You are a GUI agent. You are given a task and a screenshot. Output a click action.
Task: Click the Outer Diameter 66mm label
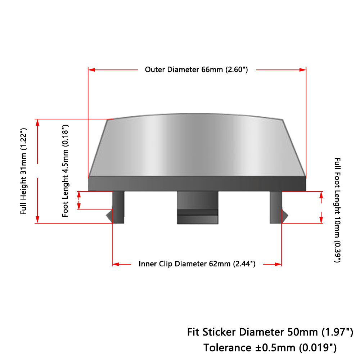point(196,69)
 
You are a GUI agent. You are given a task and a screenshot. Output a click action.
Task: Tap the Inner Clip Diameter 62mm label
point(197,264)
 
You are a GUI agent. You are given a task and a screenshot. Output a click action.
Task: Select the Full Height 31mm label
point(23,171)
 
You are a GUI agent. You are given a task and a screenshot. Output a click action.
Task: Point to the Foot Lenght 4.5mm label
point(65,171)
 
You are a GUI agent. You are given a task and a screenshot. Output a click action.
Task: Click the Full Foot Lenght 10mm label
point(337,210)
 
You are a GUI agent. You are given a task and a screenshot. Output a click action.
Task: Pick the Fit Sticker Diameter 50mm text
point(270,332)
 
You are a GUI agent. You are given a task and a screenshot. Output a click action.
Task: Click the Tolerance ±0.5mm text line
point(270,348)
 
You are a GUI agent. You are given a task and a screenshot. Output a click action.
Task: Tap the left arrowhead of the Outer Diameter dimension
point(91,69)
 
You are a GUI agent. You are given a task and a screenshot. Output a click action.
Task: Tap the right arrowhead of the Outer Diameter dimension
point(303,69)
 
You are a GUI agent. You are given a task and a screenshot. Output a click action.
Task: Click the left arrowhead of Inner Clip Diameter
point(116,264)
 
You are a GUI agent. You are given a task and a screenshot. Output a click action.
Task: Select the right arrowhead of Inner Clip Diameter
point(278,264)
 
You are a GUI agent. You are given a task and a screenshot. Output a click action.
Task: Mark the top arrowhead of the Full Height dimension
point(37,123)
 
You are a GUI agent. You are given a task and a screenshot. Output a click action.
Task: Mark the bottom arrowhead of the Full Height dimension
point(37,220)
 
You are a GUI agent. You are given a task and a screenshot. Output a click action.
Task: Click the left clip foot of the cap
point(118,207)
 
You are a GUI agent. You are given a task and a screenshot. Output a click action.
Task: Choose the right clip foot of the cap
point(276,207)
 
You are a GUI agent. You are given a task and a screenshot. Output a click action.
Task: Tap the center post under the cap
point(197,208)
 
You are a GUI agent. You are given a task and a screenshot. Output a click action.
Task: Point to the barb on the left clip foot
point(109,216)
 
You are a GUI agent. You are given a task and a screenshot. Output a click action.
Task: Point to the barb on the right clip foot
point(285,216)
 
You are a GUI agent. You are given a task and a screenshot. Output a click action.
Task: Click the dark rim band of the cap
point(197,184)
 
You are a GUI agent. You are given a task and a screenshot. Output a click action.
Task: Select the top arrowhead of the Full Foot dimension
point(321,195)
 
